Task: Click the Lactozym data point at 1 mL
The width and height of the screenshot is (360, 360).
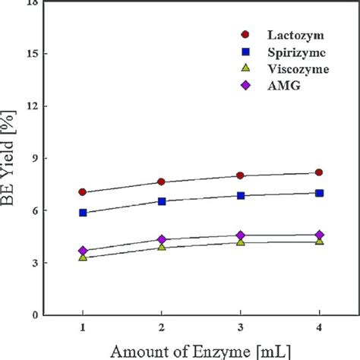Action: (82, 192)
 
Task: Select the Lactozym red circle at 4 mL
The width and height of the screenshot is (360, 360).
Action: (319, 172)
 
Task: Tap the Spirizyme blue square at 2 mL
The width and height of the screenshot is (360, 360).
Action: (161, 201)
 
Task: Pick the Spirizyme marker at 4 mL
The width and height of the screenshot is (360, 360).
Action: (319, 193)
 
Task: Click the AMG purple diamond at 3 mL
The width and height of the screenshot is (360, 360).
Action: (240, 235)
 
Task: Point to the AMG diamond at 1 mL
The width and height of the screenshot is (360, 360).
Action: (82, 251)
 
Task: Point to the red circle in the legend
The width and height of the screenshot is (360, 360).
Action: (245, 35)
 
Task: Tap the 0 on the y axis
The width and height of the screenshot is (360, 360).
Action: (36, 314)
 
